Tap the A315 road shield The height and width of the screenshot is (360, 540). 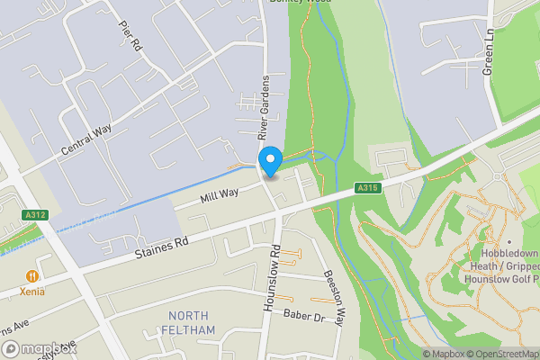365,188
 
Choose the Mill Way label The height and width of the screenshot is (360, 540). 219,193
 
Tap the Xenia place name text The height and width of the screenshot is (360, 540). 33,292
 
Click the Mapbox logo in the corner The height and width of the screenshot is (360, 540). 40,348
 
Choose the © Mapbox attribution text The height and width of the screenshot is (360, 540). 442,354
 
